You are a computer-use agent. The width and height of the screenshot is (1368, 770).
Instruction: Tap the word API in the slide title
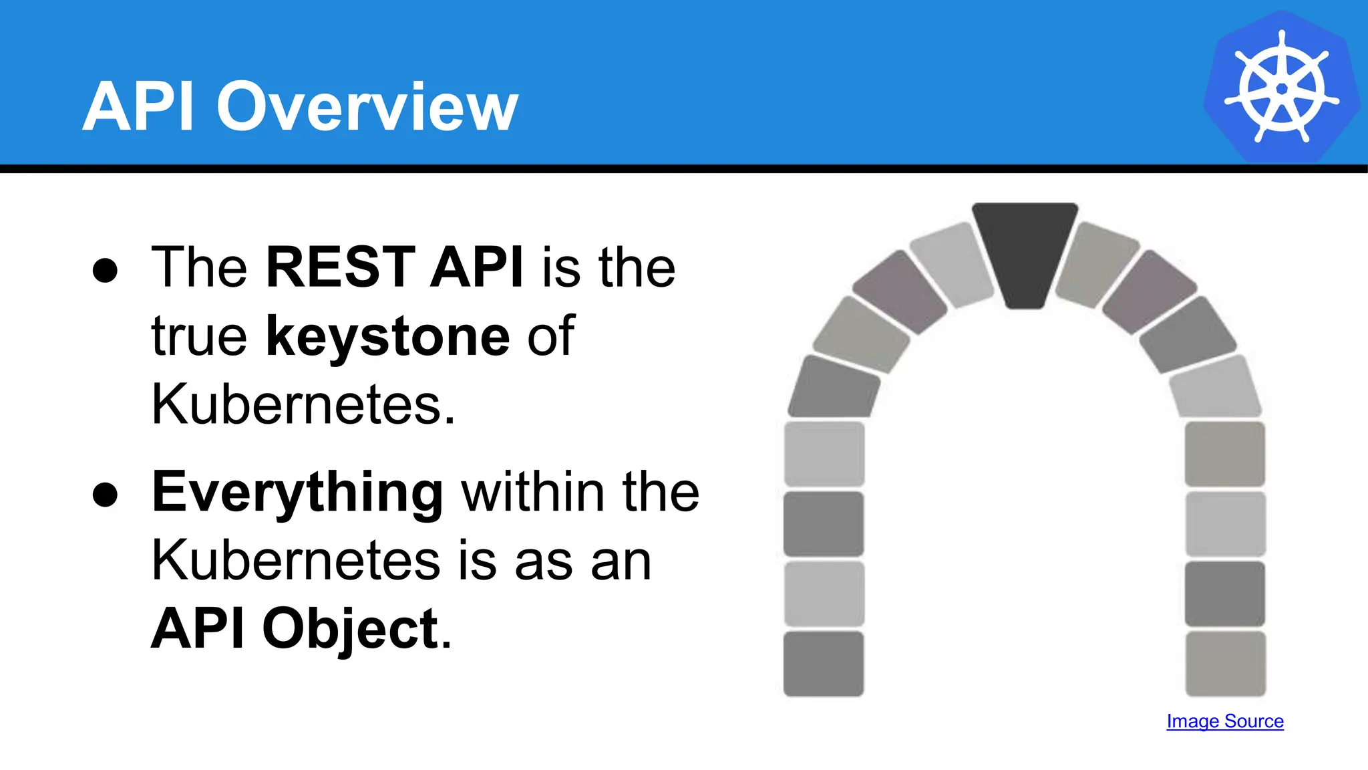(x=138, y=107)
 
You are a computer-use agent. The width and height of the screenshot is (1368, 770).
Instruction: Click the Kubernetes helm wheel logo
(x=1282, y=87)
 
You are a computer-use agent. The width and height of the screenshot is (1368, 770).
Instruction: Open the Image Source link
(x=1225, y=721)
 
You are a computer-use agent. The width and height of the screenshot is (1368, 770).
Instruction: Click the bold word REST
(x=341, y=267)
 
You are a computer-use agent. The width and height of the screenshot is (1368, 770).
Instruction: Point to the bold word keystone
(x=387, y=336)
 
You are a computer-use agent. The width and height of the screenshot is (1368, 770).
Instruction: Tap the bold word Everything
(x=297, y=493)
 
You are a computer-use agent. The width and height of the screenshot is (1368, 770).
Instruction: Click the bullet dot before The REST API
(x=106, y=271)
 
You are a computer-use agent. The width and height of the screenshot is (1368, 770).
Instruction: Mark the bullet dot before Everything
(x=106, y=495)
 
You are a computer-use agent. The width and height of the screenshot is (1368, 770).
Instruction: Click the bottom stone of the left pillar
(x=824, y=664)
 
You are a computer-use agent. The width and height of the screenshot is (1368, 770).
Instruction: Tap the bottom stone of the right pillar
(x=1225, y=664)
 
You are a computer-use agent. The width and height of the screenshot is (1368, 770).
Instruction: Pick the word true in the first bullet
(x=199, y=336)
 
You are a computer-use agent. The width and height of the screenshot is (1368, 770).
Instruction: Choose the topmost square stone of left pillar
(x=824, y=454)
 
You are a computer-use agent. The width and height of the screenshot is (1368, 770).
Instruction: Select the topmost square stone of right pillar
(x=1225, y=454)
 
